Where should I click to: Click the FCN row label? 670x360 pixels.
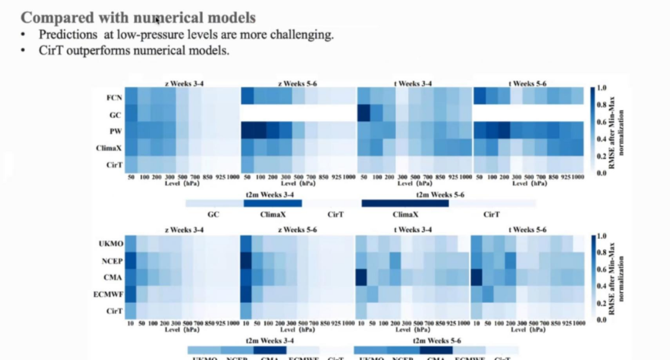(114, 97)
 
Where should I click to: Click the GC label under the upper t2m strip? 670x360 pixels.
(213, 215)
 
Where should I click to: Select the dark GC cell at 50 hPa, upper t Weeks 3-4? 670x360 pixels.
(364, 114)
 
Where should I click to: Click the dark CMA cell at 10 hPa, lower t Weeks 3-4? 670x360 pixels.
(361, 277)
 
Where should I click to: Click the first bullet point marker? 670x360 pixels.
(24, 35)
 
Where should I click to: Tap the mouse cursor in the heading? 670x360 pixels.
(158, 19)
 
